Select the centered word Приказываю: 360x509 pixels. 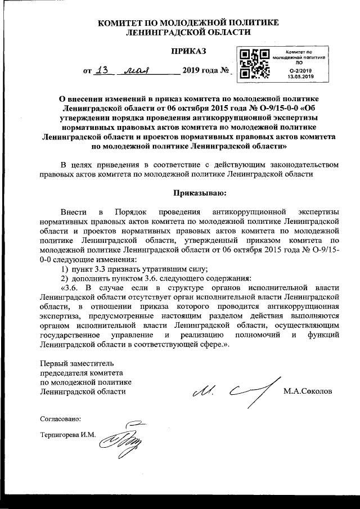[200, 193]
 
